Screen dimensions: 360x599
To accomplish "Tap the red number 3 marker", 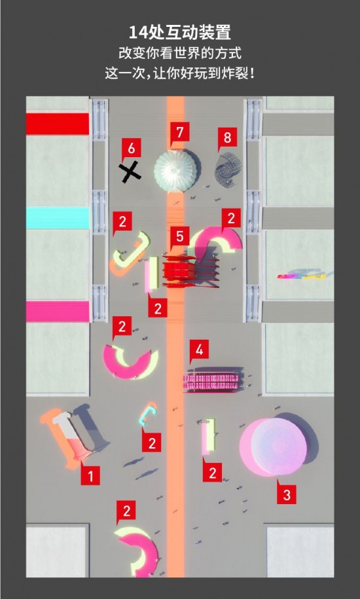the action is pyautogui.click(x=286, y=494).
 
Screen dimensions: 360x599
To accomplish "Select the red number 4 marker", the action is pyautogui.click(x=199, y=350).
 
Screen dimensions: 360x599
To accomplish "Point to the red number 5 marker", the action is pyautogui.click(x=179, y=236).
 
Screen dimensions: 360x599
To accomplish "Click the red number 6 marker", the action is pyautogui.click(x=132, y=148).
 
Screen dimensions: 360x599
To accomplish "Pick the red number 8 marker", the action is pyautogui.click(x=227, y=137).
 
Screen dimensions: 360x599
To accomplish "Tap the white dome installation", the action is pyautogui.click(x=176, y=170).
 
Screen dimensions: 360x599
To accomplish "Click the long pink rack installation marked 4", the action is pyautogui.click(x=212, y=380).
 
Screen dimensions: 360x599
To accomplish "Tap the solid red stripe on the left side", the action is pyautogui.click(x=58, y=124).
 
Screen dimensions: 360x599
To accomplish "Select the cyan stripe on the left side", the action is pyautogui.click(x=58, y=218).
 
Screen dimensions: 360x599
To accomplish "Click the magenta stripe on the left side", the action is pyautogui.click(x=58, y=311).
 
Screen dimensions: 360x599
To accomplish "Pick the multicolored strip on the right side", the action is pyautogui.click(x=302, y=275).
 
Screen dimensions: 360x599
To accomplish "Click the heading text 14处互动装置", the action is pyautogui.click(x=180, y=33).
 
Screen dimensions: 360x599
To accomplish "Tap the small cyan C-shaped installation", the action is pyautogui.click(x=148, y=416).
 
